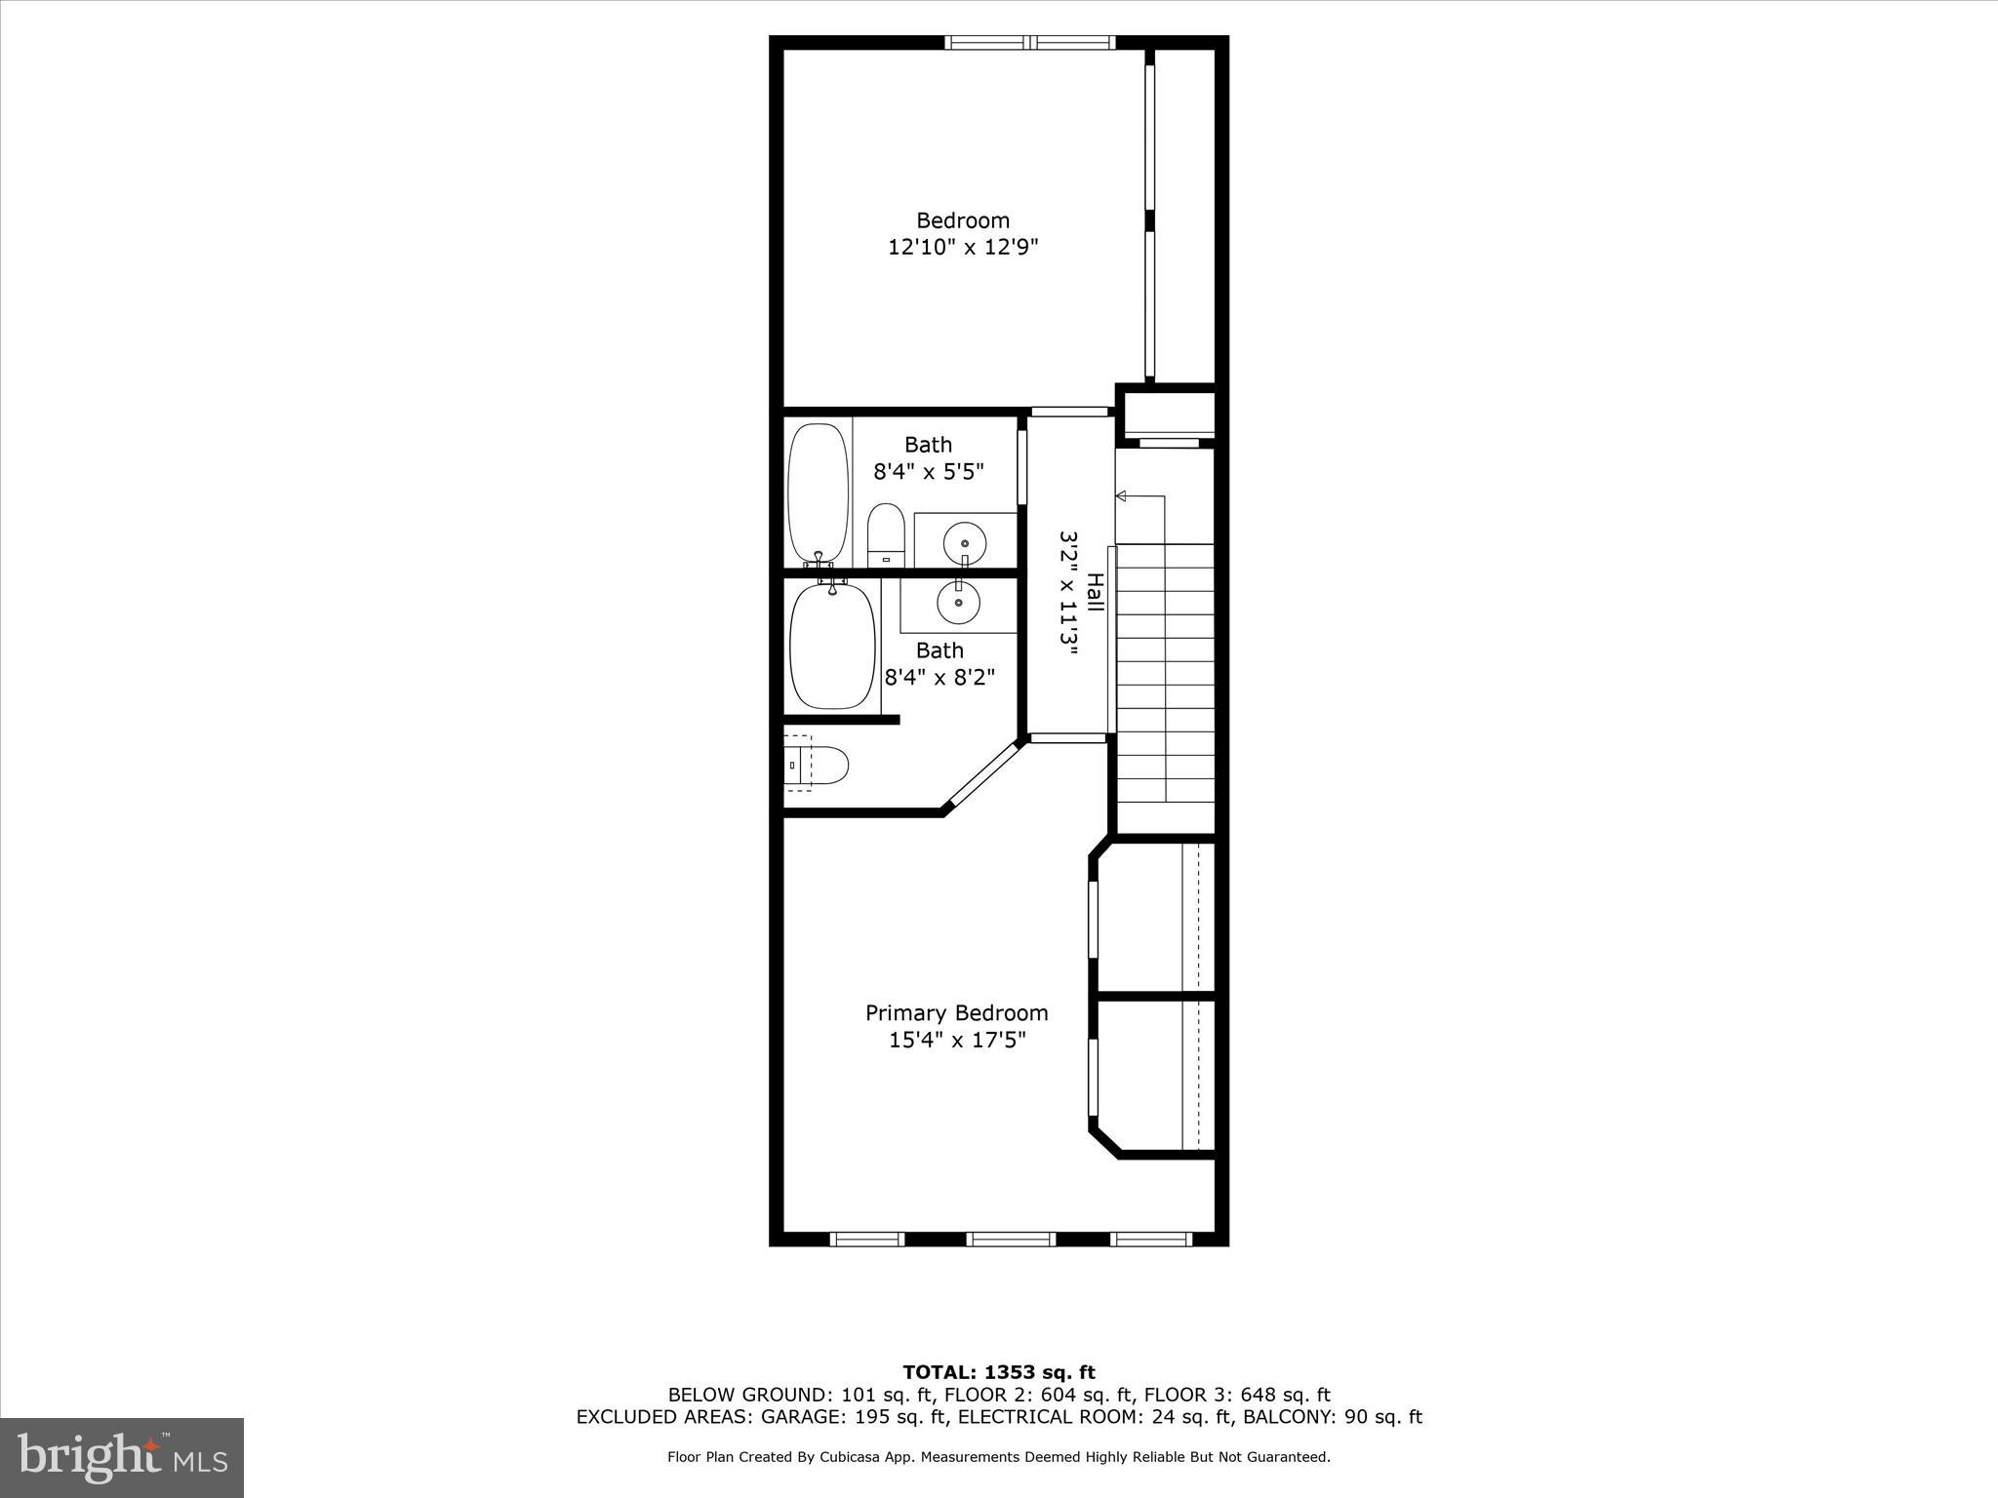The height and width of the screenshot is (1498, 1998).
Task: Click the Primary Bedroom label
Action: [x=956, y=1013]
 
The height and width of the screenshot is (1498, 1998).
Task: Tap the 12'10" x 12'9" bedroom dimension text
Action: [x=962, y=248]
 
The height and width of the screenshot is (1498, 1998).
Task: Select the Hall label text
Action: [x=1096, y=592]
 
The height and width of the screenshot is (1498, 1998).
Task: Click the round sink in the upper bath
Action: [x=965, y=541]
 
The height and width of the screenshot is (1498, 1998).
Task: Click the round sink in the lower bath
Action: [x=958, y=604]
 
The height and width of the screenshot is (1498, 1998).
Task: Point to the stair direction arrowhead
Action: [x=1121, y=496]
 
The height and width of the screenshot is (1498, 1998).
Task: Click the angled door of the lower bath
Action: [x=983, y=775]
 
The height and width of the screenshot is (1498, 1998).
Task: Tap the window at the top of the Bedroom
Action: [x=1030, y=42]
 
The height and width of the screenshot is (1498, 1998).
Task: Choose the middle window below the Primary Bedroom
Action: [x=1011, y=1240]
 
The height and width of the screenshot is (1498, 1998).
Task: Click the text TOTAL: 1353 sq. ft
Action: [x=999, y=1373]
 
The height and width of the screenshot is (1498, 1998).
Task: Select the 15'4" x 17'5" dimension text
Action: [x=956, y=1041]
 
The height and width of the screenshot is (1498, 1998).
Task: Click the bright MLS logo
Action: [x=122, y=1457]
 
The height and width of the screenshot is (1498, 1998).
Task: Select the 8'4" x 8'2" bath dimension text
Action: [x=939, y=677]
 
